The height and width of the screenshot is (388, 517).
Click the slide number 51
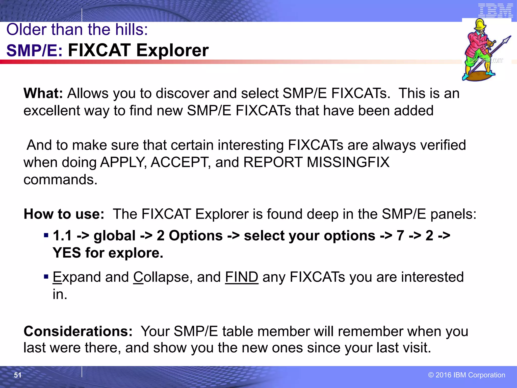coord(18,375)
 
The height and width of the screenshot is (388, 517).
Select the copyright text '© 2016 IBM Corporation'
coord(467,375)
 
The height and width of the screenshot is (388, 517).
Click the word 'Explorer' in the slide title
coord(172,50)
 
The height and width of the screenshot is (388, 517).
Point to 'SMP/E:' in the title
coord(34,50)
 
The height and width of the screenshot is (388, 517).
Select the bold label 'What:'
coord(43,93)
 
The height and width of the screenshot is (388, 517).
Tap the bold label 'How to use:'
coord(64,214)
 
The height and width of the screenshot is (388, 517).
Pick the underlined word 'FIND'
coord(242,277)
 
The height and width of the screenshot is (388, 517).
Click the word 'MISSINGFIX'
coord(348,162)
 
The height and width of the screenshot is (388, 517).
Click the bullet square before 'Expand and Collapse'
coord(46,277)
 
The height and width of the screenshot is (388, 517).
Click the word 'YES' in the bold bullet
coord(67,253)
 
